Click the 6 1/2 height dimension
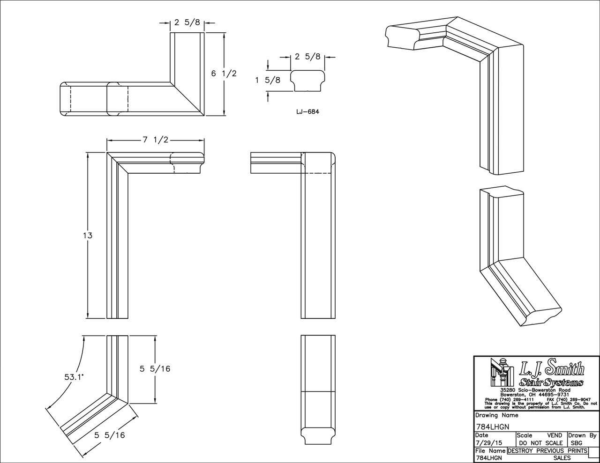[224, 73]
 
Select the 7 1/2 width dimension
[155, 140]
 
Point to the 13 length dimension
[87, 235]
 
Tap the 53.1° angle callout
[74, 376]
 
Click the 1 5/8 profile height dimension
[268, 80]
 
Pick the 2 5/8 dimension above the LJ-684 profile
[307, 57]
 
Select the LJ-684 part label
[307, 112]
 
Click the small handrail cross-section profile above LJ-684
[307, 81]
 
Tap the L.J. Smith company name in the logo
[551, 369]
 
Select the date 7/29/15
[486, 443]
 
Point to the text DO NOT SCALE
[540, 443]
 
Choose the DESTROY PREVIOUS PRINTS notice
[547, 451]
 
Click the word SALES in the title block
[562, 458]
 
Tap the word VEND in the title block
[554, 435]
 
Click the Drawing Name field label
[496, 415]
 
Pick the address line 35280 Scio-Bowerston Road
[535, 390]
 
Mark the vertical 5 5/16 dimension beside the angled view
[155, 368]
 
